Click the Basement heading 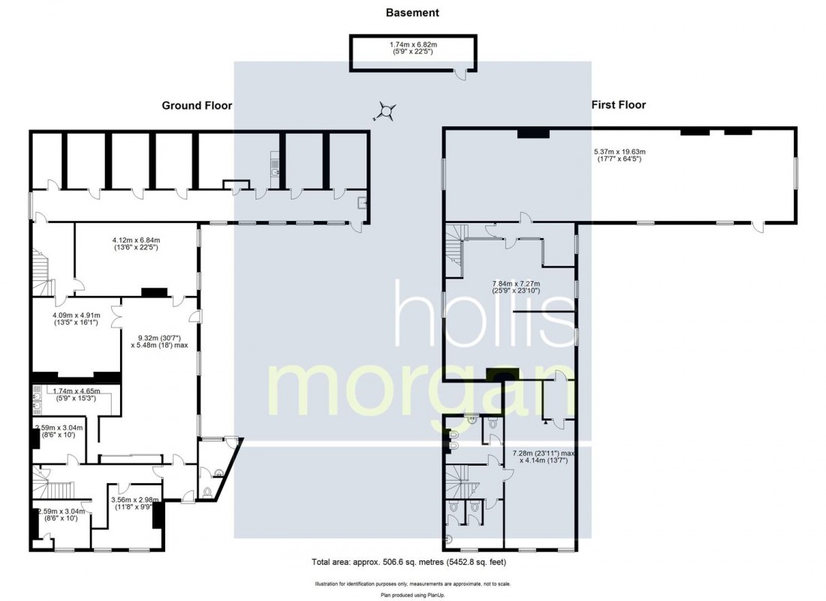[411, 13]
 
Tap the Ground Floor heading [197, 106]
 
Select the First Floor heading [618, 105]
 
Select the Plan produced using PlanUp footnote [412, 595]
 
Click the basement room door [464, 71]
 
